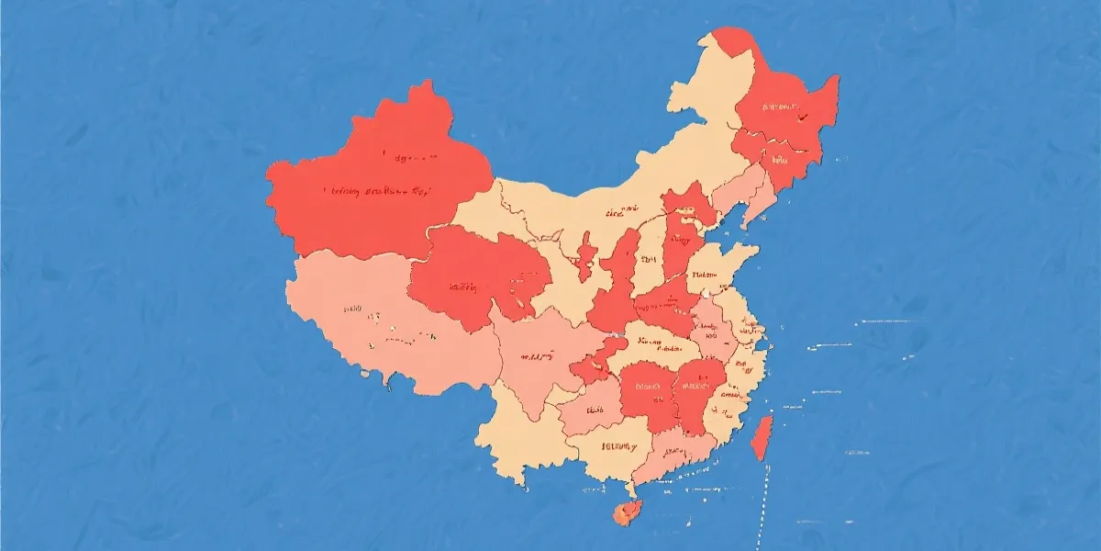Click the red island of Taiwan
pyautogui.click(x=762, y=437)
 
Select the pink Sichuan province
pyautogui.click(x=537, y=358)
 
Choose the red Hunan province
pyautogui.click(x=647, y=390)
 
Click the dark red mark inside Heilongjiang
pyautogui.click(x=799, y=118)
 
